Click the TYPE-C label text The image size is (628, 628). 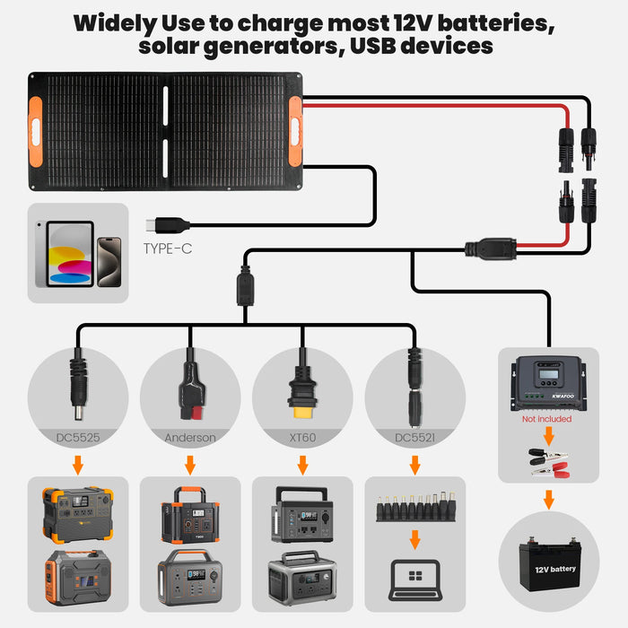pos(168,249)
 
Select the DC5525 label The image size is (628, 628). pos(76,438)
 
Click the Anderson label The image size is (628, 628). pos(189,438)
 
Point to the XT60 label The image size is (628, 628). pos(302,438)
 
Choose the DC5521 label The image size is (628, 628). pos(414,438)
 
